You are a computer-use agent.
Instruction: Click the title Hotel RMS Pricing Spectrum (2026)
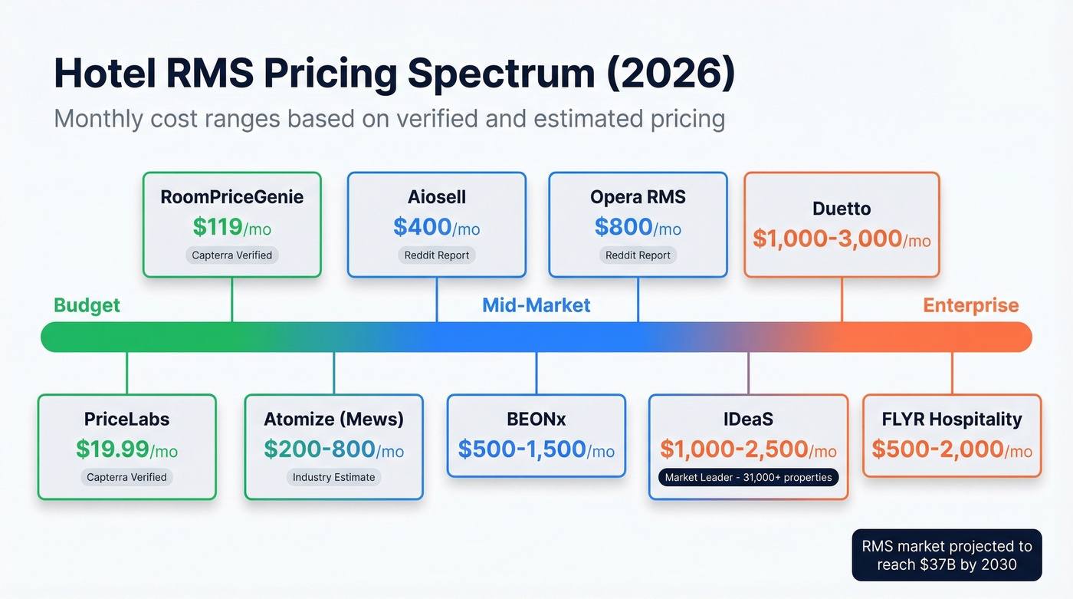(x=394, y=74)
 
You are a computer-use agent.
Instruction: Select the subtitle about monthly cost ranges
(x=389, y=119)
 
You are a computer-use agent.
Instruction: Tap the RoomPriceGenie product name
(x=231, y=197)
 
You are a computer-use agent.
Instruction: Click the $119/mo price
(x=231, y=227)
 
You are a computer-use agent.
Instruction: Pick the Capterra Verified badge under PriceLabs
(x=126, y=477)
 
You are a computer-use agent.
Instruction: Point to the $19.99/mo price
(x=126, y=449)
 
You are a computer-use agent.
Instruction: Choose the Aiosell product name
(x=437, y=197)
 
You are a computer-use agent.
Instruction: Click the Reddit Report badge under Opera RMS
(x=638, y=255)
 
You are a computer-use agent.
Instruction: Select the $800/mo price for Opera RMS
(x=638, y=227)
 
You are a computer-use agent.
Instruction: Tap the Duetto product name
(x=842, y=209)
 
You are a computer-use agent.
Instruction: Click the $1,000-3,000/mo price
(x=842, y=239)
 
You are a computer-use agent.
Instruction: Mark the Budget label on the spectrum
(x=87, y=305)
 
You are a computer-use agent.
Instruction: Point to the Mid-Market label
(x=536, y=305)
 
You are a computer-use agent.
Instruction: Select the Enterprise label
(x=970, y=305)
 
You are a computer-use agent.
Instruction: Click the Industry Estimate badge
(x=333, y=477)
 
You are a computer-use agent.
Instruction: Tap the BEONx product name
(x=536, y=420)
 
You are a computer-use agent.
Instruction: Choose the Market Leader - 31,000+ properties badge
(x=748, y=477)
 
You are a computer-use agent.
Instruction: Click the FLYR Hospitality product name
(x=952, y=420)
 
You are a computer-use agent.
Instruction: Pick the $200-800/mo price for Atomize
(x=333, y=449)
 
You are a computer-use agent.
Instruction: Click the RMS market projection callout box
(x=947, y=555)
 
